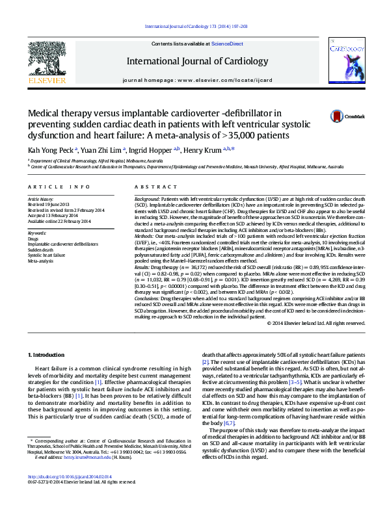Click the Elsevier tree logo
[46, 61]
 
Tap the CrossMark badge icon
[337, 116]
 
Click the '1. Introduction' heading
[47, 354]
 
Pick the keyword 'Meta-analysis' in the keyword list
[40, 261]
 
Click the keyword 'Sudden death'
[40, 250]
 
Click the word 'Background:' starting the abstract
[146, 197]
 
